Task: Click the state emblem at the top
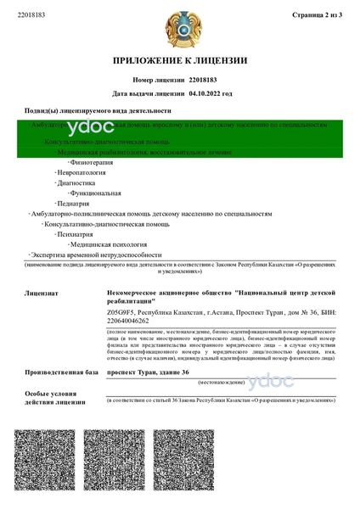click(180, 25)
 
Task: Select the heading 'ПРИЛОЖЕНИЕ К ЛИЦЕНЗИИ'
click(180, 60)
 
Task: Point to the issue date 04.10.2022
click(210, 93)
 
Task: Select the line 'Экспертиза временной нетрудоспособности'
click(96, 255)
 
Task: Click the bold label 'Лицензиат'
click(42, 293)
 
